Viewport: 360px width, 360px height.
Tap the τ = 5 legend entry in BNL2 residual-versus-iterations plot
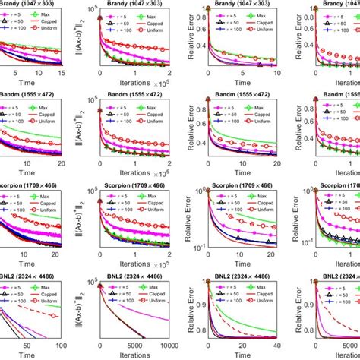(122, 284)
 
